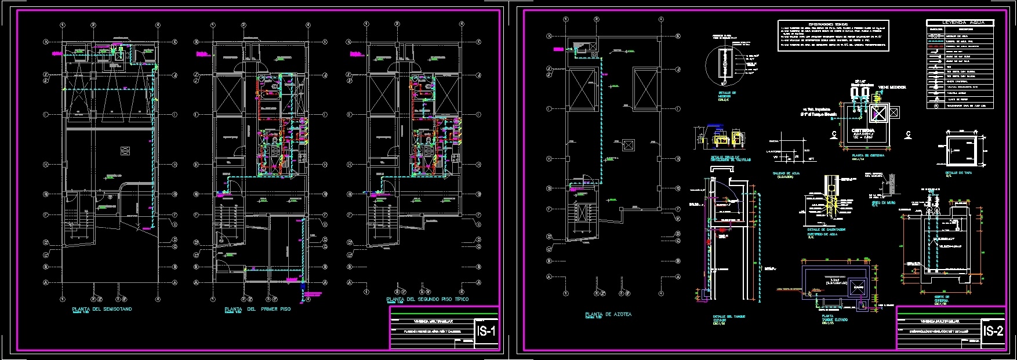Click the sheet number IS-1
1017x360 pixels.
pos(485,332)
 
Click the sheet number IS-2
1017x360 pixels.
pos(993,332)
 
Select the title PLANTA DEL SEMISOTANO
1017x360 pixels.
pos(101,310)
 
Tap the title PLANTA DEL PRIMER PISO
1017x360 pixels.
pos(257,310)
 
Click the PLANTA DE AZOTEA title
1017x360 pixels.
pos(608,314)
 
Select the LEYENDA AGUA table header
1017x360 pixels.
pos(960,22)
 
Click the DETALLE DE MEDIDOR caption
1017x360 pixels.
pos(726,94)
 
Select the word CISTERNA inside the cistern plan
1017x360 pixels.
pos(863,131)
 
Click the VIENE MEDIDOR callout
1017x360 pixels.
pos(892,88)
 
